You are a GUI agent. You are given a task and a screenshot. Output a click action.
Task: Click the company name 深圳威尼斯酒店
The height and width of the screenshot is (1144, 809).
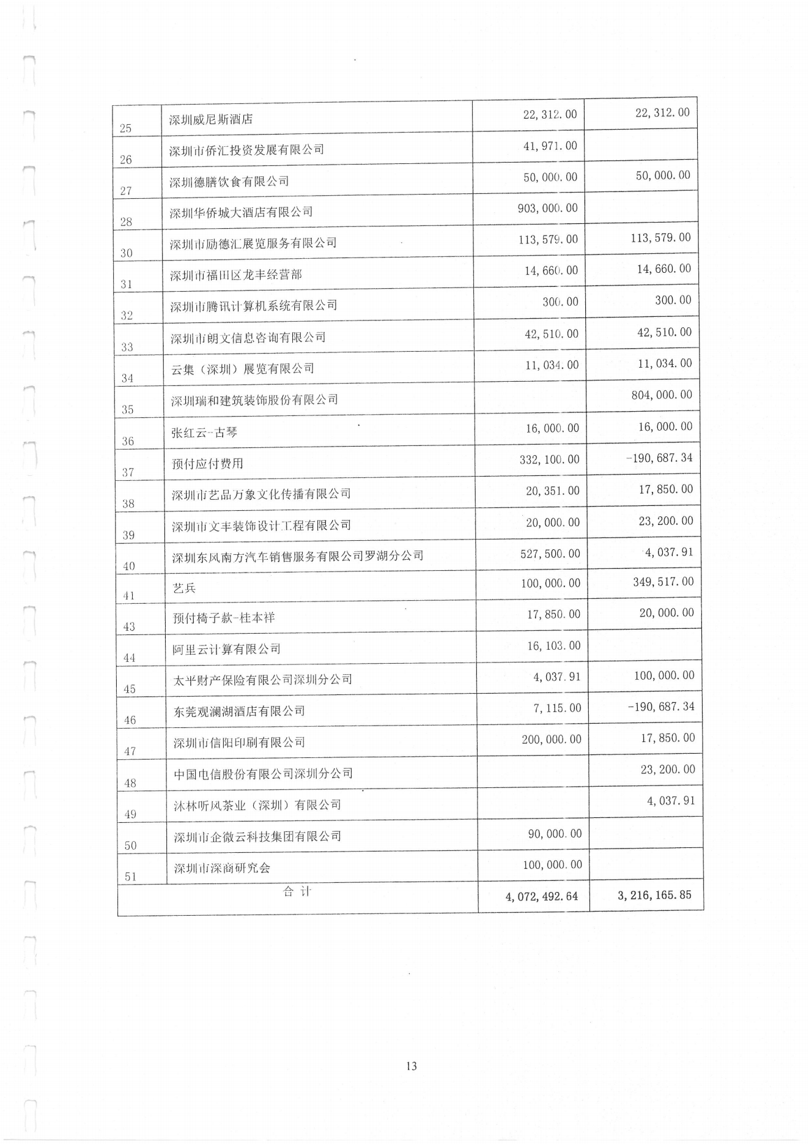(211, 119)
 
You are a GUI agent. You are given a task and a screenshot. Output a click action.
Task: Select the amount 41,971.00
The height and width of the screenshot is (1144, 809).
(550, 146)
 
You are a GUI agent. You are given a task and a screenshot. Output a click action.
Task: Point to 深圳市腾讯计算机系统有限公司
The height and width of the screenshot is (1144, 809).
(254, 305)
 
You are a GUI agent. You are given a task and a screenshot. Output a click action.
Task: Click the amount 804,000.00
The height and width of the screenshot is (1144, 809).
(662, 395)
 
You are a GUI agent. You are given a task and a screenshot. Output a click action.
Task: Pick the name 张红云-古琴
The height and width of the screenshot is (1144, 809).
(204, 433)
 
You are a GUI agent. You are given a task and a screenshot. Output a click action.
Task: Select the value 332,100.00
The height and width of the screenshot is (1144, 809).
(549, 459)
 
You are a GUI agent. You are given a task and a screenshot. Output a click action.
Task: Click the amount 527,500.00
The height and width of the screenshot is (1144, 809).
(550, 554)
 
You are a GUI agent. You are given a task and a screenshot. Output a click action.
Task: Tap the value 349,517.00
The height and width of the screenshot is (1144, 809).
(663, 581)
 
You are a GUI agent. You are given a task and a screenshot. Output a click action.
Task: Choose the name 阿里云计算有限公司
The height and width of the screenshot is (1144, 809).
(226, 649)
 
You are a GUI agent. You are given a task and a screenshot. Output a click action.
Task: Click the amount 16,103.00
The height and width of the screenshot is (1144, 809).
(553, 645)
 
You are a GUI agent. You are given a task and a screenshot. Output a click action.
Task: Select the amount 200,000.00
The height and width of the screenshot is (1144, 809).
(551, 740)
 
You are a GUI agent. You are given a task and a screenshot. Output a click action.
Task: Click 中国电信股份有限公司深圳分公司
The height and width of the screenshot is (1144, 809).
(263, 773)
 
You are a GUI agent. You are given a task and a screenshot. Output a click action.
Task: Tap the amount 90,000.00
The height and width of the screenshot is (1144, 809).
(555, 834)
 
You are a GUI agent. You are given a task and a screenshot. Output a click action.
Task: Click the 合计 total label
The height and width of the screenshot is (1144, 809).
(297, 892)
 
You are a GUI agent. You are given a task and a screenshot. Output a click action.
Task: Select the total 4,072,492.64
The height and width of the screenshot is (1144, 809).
(541, 897)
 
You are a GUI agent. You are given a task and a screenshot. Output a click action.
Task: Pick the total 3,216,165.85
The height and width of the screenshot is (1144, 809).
(654, 895)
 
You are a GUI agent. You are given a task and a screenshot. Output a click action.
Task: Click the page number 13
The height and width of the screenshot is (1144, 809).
(411, 1066)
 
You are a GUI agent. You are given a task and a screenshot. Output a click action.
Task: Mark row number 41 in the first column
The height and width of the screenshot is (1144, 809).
(128, 595)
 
